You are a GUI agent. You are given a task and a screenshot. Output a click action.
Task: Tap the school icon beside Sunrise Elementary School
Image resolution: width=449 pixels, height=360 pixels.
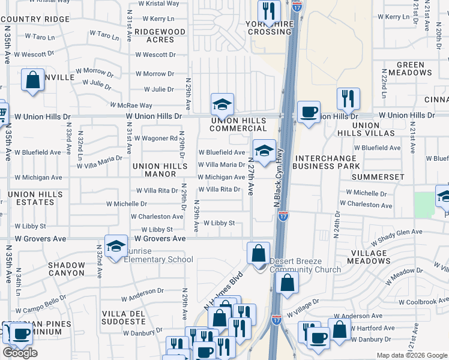(x=116, y=246)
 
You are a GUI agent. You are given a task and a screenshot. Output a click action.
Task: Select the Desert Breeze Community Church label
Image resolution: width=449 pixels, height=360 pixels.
(x=306, y=265)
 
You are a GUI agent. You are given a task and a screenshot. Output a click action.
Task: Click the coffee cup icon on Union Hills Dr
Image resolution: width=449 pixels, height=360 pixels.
(x=309, y=112)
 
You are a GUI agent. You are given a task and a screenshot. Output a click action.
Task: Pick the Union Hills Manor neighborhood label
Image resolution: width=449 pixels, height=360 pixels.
(x=154, y=170)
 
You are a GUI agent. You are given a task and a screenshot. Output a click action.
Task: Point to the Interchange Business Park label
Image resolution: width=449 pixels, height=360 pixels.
(x=327, y=162)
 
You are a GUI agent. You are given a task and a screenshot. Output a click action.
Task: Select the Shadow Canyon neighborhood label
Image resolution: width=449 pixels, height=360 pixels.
(x=67, y=269)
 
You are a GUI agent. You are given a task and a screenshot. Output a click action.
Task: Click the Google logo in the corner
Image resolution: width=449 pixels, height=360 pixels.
(x=20, y=353)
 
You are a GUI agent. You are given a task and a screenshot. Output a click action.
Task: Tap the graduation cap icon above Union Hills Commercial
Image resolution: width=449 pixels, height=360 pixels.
(x=222, y=104)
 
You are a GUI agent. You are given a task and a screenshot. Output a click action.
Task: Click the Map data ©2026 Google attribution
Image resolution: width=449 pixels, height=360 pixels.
(x=411, y=355)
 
